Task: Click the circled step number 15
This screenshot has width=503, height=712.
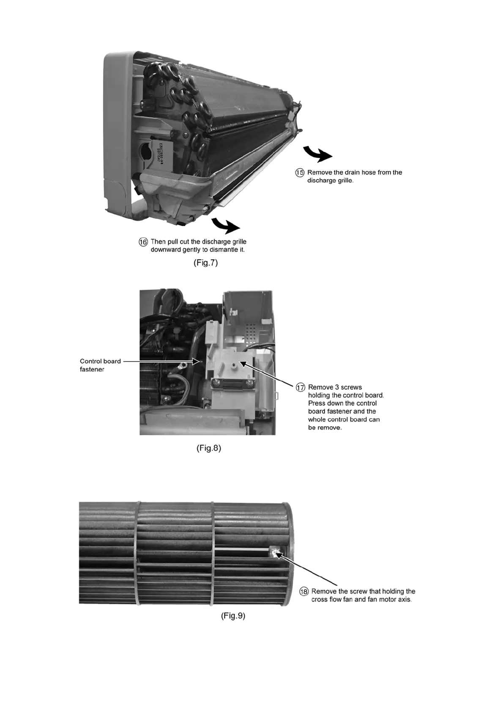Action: (x=299, y=173)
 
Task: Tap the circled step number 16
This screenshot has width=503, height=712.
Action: (x=143, y=242)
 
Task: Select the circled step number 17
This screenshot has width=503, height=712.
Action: (x=300, y=387)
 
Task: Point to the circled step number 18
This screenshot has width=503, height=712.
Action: (x=304, y=592)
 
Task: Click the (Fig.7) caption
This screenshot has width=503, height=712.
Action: (x=205, y=263)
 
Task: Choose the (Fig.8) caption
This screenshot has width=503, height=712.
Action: (x=209, y=448)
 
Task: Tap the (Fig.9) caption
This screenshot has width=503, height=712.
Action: (x=233, y=616)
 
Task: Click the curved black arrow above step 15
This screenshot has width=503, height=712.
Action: (x=317, y=154)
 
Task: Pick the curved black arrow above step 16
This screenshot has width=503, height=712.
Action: (x=225, y=225)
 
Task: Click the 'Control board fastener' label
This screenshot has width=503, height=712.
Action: (x=100, y=365)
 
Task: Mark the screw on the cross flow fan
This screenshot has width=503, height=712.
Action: (x=275, y=553)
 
